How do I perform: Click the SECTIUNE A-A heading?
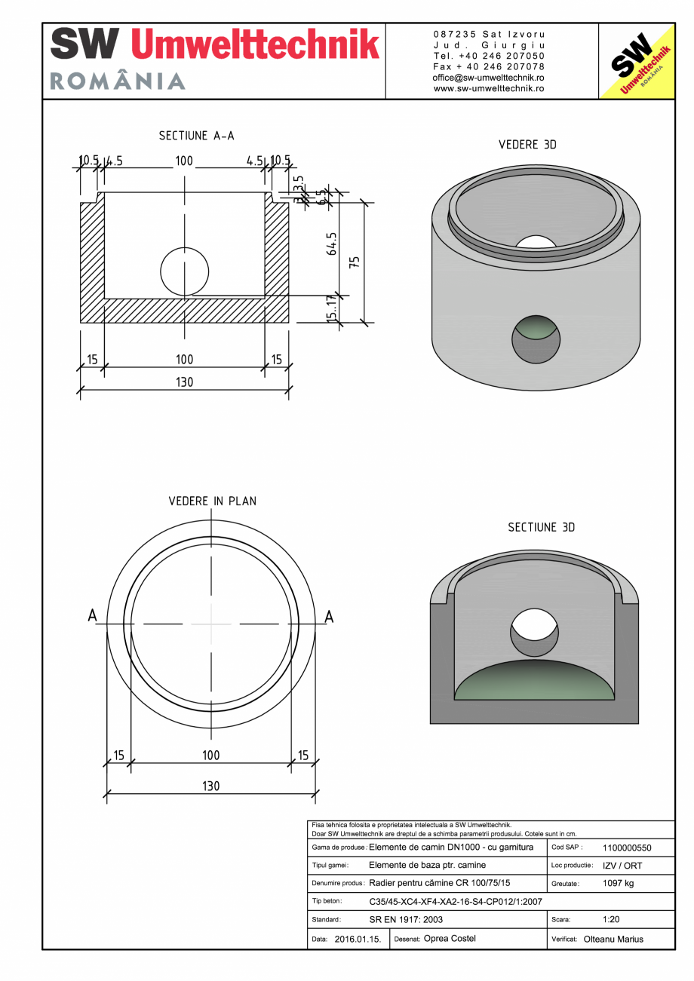click(x=196, y=136)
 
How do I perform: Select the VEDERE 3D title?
click(x=527, y=145)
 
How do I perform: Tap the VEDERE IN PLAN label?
click(x=212, y=501)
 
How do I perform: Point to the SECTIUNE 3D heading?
click(x=541, y=528)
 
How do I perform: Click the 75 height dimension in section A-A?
click(x=355, y=262)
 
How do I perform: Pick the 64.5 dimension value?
click(x=331, y=244)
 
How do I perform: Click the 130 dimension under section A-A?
click(x=184, y=382)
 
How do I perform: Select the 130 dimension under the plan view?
click(x=210, y=786)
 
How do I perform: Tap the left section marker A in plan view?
click(x=92, y=616)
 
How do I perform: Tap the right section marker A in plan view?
click(x=329, y=616)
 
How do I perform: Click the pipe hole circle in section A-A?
click(x=185, y=271)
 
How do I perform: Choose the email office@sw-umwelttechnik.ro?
click(x=489, y=78)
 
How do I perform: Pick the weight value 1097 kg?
click(x=619, y=884)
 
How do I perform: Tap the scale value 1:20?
click(x=612, y=920)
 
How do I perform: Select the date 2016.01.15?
click(x=358, y=940)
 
